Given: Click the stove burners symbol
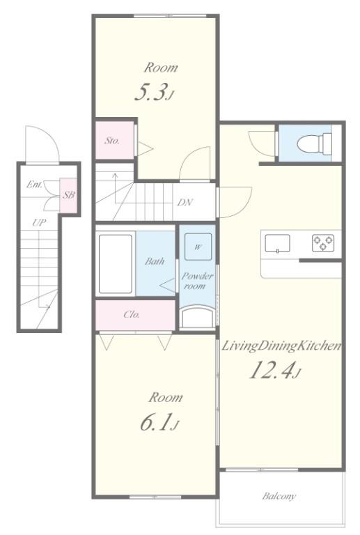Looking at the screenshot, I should (322, 243).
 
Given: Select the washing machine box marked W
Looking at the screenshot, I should (198, 247).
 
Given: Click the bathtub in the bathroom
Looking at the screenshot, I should (116, 263).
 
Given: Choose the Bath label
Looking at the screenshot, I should (155, 262).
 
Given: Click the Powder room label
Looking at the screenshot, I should (198, 281).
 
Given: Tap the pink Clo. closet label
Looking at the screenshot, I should (132, 314).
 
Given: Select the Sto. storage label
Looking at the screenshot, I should (112, 141).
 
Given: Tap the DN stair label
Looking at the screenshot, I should (185, 203).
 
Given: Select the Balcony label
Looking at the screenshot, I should (279, 497).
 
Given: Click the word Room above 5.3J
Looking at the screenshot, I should (161, 68).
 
